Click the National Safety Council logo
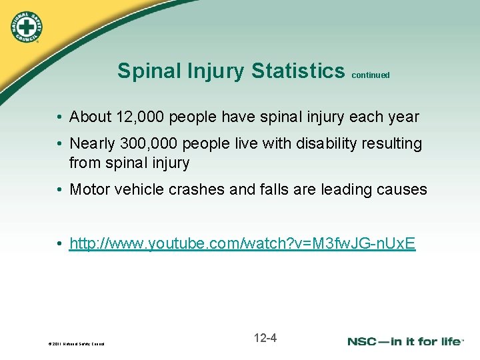(26, 26)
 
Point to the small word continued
(370, 75)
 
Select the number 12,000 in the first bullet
(140, 117)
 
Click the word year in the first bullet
(403, 117)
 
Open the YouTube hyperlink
(242, 244)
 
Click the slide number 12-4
(265, 338)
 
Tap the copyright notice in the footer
(75, 344)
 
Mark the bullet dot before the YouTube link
(59, 245)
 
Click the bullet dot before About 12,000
(59, 117)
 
